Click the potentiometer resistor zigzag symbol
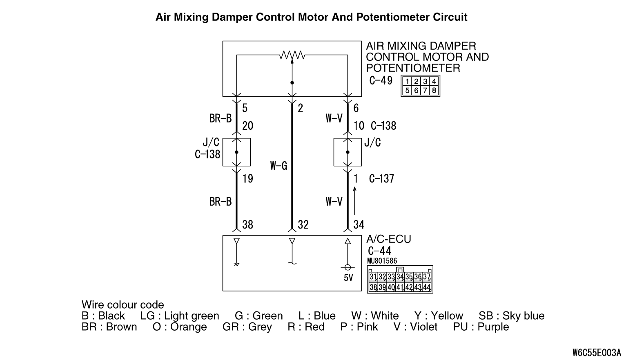(x=292, y=55)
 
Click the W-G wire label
(x=278, y=166)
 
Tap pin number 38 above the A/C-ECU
(x=247, y=224)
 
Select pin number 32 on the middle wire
(x=303, y=224)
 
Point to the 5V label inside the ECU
(x=348, y=278)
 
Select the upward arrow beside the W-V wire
(x=355, y=200)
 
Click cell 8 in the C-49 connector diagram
(x=434, y=91)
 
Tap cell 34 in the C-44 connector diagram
(x=400, y=277)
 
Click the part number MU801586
(x=382, y=261)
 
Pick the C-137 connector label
(x=381, y=178)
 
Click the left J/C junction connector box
(x=236, y=152)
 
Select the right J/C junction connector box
(x=348, y=152)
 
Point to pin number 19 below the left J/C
(x=247, y=178)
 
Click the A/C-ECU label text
(x=388, y=239)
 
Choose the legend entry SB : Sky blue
(x=511, y=316)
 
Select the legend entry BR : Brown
(x=109, y=327)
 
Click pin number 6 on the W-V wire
(x=356, y=108)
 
